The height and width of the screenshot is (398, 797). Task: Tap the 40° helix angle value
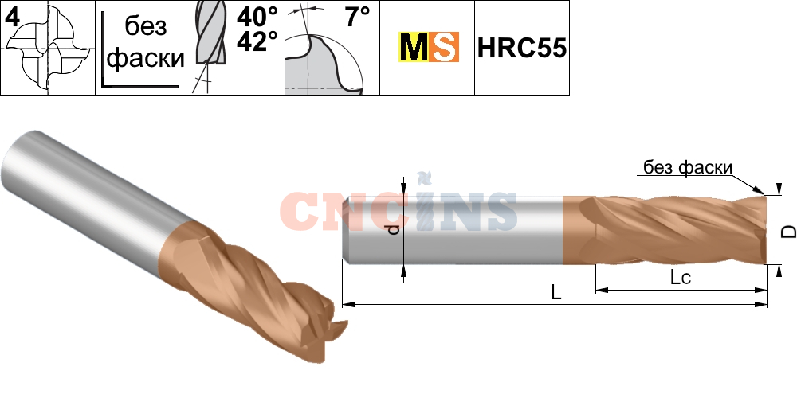tap(257, 18)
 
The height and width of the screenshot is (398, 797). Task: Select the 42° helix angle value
tap(257, 41)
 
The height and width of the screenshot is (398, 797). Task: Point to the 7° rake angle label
tap(358, 18)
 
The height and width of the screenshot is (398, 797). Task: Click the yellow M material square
tap(413, 47)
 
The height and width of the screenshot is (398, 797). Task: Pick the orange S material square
tap(444, 47)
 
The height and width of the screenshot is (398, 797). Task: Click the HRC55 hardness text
tap(521, 49)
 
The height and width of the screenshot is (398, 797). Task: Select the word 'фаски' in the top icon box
tap(146, 58)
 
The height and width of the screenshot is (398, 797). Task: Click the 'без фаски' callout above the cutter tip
tap(689, 167)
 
